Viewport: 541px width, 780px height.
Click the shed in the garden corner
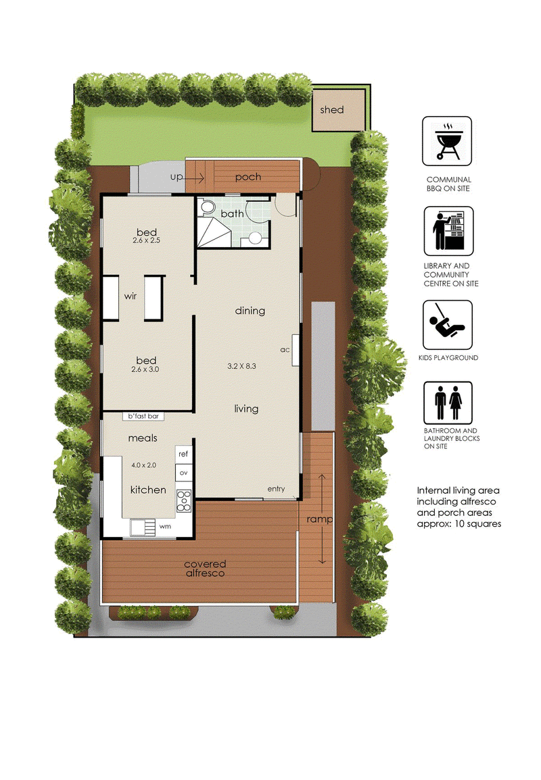339,110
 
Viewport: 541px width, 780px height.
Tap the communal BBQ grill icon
447,141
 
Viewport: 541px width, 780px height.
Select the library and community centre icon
448,232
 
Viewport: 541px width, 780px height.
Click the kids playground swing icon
448,325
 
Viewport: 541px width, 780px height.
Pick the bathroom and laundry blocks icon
448,403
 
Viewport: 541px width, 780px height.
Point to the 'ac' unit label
285,350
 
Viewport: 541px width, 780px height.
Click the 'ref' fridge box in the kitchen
183,454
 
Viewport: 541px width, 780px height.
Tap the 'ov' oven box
183,473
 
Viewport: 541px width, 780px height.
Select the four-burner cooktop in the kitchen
183,501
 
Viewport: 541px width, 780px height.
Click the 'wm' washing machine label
165,526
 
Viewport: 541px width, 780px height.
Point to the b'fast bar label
143,417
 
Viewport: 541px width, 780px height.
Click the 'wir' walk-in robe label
131,296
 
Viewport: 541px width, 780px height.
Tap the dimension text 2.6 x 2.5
147,240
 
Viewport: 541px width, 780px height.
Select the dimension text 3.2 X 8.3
241,366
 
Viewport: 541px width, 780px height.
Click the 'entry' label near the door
276,489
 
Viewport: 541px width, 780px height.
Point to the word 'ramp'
320,519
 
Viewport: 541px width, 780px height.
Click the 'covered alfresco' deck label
205,569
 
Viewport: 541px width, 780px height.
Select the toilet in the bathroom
206,207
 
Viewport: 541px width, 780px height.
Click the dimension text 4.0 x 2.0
143,465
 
